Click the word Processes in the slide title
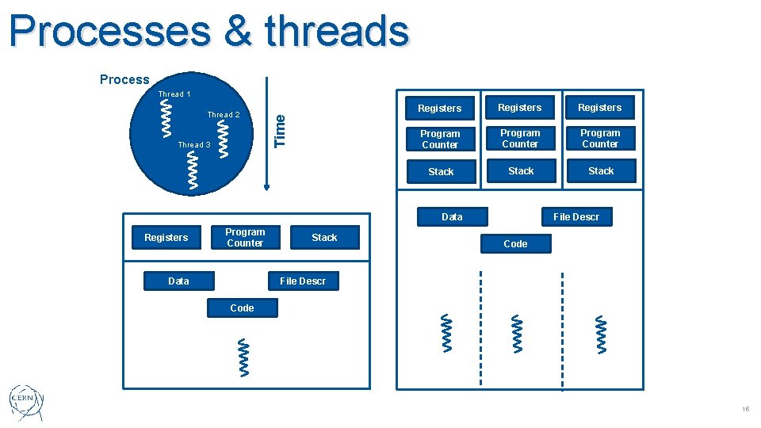click(x=110, y=32)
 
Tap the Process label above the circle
click(x=124, y=79)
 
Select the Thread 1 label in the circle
click(x=174, y=94)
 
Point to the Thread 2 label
click(x=223, y=115)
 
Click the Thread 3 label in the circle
click(x=194, y=145)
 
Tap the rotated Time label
click(x=280, y=130)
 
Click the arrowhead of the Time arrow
click(x=267, y=186)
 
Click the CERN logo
click(x=27, y=403)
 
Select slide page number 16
click(x=745, y=409)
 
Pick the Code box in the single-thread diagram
click(x=242, y=308)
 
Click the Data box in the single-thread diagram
click(x=178, y=281)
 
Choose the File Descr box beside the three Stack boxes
click(x=576, y=216)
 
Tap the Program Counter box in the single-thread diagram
click(x=245, y=238)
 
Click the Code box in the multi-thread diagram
click(x=515, y=243)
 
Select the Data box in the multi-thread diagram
click(x=452, y=216)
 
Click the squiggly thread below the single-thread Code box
click(x=242, y=357)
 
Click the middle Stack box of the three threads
click(x=521, y=171)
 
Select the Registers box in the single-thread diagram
click(x=166, y=238)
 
